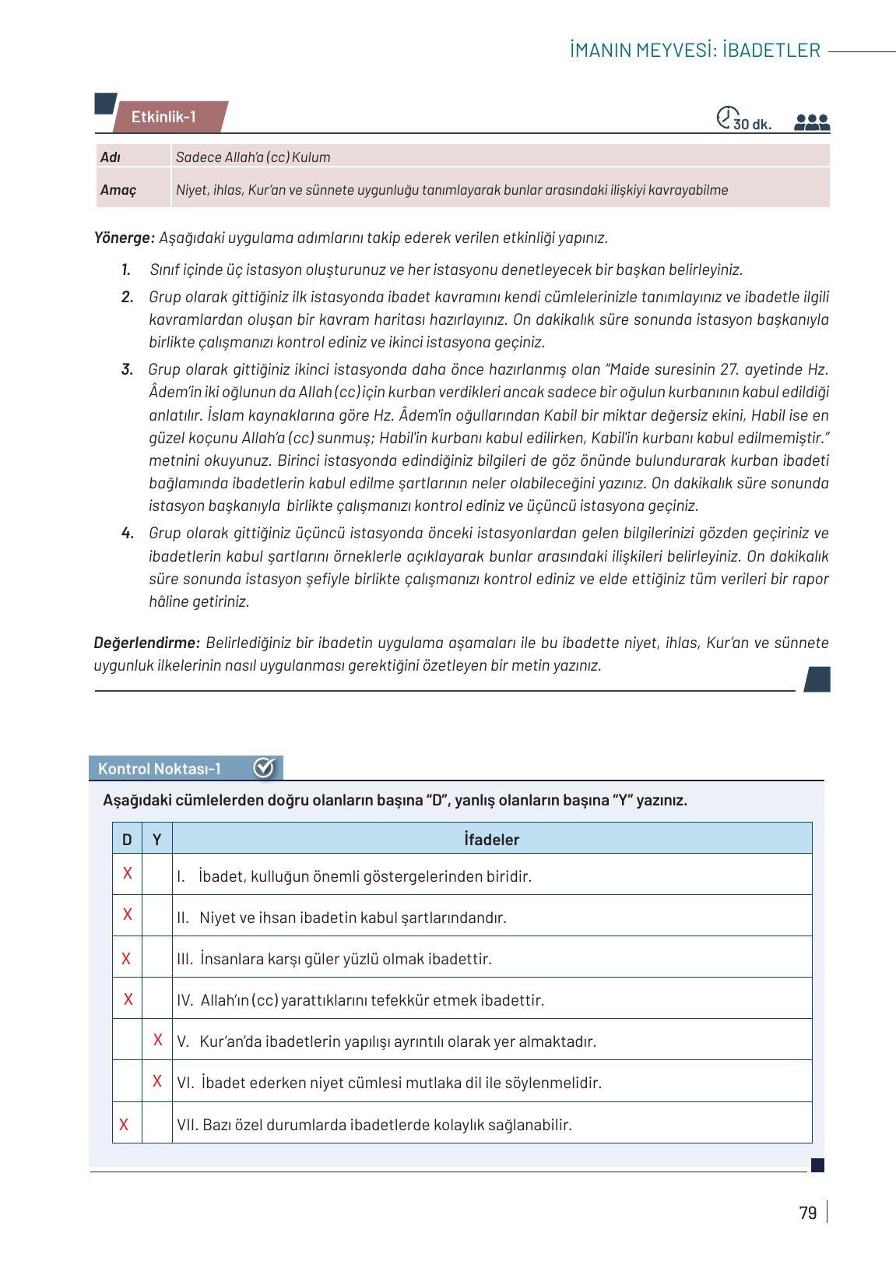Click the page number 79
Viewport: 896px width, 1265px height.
click(x=807, y=1214)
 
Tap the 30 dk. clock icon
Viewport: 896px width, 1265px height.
click(x=725, y=117)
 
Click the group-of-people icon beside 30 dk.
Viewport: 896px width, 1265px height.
click(x=812, y=122)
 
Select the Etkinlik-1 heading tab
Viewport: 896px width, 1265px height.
click(x=163, y=118)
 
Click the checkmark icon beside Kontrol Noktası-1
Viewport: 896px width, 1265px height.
click(x=264, y=768)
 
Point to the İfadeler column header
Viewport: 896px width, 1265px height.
click(x=491, y=840)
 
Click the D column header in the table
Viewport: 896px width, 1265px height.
click(x=127, y=840)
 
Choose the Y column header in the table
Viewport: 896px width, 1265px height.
click(x=156, y=840)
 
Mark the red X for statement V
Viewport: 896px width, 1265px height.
click(x=157, y=1040)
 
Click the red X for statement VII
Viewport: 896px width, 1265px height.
click(x=124, y=1124)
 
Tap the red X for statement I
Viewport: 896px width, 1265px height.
click(x=127, y=873)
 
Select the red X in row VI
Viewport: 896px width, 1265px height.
click(x=157, y=1081)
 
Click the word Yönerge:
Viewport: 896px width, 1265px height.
click(x=125, y=238)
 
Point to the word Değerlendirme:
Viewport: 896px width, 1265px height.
click(x=147, y=643)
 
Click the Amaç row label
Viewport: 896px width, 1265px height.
click(x=118, y=190)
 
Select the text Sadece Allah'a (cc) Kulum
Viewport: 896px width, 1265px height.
click(x=252, y=157)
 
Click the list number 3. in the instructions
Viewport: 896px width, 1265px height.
click(x=127, y=370)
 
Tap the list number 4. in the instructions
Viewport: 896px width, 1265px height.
click(x=128, y=534)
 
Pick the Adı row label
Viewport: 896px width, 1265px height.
click(x=110, y=157)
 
